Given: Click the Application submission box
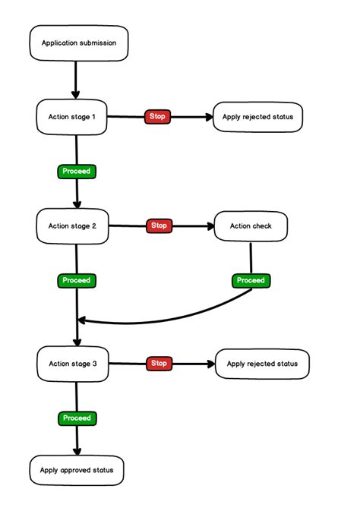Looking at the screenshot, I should click(x=78, y=43).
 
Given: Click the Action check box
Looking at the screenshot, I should click(x=251, y=225).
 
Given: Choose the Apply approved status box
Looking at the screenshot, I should click(x=77, y=470).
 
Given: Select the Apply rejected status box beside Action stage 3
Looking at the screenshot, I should click(x=263, y=364).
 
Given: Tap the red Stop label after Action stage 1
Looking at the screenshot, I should click(x=158, y=117).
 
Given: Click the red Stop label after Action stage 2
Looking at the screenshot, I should click(x=158, y=225).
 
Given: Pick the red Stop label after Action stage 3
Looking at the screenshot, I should click(x=158, y=364).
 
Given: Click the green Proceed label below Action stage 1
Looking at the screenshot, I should click(x=76, y=171).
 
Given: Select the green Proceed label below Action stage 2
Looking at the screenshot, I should click(x=76, y=280).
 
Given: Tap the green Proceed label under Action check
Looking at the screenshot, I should click(x=251, y=280).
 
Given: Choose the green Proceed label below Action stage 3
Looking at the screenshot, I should click(x=76, y=418).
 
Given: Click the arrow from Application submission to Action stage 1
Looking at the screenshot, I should click(x=77, y=80).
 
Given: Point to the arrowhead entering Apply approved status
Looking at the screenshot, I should click(x=77, y=450).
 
